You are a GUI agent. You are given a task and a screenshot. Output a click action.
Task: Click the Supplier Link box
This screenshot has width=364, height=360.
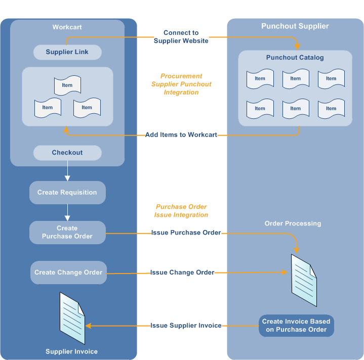coord(67,52)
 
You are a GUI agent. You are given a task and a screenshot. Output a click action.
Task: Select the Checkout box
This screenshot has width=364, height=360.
coord(67,153)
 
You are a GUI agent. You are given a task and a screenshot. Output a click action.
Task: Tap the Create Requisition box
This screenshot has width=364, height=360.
coord(67,193)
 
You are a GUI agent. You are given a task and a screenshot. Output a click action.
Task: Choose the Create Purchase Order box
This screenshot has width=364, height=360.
coord(67,232)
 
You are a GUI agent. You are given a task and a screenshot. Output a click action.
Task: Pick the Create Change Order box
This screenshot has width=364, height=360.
coord(68,273)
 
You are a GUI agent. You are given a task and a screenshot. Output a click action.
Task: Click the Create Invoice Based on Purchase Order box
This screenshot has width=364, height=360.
coord(296,326)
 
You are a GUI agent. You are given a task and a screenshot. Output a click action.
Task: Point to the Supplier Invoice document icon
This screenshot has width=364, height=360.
coord(72,318)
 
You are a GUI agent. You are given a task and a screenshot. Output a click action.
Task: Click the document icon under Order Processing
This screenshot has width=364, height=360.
coord(304,280)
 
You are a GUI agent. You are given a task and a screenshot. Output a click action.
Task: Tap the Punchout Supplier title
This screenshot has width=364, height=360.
coord(295,26)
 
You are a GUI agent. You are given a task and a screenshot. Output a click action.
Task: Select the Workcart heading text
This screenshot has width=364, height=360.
coord(67,27)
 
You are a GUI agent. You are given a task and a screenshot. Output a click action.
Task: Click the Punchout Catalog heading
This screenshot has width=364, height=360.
coord(295,58)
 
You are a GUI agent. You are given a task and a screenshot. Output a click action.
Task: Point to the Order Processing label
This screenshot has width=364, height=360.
coord(293,223)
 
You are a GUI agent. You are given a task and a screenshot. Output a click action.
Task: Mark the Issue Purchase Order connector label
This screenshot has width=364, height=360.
coord(186,233)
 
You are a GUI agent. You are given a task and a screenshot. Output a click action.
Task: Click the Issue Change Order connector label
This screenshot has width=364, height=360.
coord(182,273)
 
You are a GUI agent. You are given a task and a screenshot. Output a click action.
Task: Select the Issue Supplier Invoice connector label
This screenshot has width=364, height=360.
coord(186,326)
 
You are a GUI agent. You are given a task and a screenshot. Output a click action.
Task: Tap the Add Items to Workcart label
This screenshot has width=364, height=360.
coord(181,134)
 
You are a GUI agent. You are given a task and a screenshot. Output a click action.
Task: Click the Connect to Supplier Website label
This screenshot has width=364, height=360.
coord(181,36)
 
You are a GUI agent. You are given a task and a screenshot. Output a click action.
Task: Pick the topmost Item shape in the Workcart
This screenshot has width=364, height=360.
coord(67,85)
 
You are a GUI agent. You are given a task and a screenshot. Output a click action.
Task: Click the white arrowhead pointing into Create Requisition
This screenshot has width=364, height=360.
coord(67,178)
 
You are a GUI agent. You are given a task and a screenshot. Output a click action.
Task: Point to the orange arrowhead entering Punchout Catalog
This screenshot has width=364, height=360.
coord(297,47)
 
